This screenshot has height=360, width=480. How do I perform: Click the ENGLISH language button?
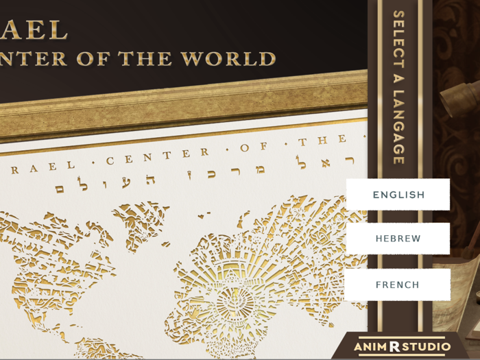(x=398, y=195)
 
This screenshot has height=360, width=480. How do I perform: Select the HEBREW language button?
(x=398, y=239)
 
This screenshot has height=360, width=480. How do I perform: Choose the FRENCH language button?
(x=398, y=285)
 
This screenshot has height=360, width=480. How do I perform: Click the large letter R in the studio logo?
(x=394, y=347)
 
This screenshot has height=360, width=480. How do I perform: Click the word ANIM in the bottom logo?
(x=370, y=348)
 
